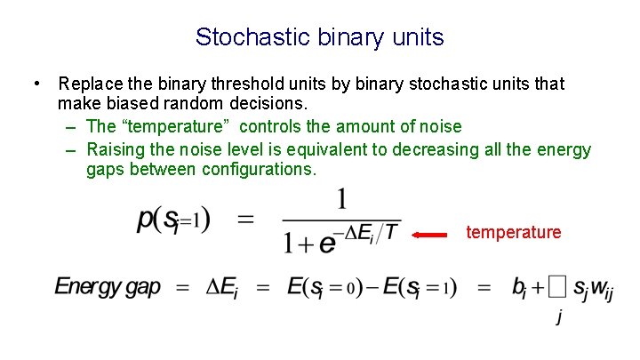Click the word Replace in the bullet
point(88,84)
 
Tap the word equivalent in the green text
point(334,148)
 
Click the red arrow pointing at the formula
point(433,235)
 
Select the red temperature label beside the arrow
point(514,233)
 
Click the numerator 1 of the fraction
point(340,199)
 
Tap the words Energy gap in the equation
point(108,287)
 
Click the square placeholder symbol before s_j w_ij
point(556,287)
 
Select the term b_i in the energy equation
point(522,287)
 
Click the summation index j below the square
point(558,316)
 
